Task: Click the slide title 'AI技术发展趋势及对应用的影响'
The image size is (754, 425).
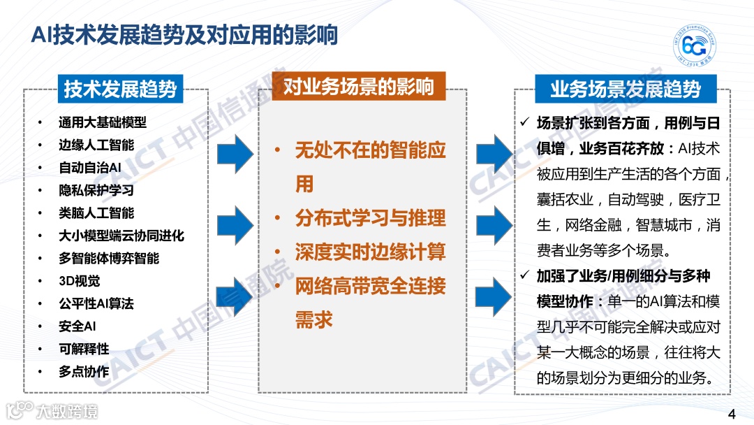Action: pyautogui.click(x=184, y=36)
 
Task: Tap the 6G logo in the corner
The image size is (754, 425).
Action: pyautogui.click(x=694, y=47)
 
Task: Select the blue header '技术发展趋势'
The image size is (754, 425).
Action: pyautogui.click(x=120, y=89)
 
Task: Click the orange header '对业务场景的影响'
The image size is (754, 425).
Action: pyautogui.click(x=358, y=87)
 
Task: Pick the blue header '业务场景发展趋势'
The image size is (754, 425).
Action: pyautogui.click(x=625, y=89)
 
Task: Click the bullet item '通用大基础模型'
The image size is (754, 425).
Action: pyautogui.click(x=103, y=122)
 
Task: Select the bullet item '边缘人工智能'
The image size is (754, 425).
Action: pyautogui.click(x=96, y=145)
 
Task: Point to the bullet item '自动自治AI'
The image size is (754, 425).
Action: pyautogui.click(x=90, y=168)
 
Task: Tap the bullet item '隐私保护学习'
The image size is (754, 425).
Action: pyautogui.click(x=96, y=190)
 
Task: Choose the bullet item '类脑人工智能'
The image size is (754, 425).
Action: pyautogui.click(x=96, y=212)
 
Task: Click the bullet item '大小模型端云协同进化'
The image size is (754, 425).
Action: pyautogui.click(x=121, y=236)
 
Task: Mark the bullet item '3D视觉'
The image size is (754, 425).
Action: pyautogui.click(x=79, y=281)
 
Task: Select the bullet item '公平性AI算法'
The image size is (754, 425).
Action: pyautogui.click(x=96, y=303)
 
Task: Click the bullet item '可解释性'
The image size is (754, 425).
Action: pyautogui.click(x=84, y=349)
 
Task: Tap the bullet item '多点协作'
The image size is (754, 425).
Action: pyautogui.click(x=84, y=371)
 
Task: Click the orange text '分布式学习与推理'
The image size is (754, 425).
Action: pyautogui.click(x=370, y=218)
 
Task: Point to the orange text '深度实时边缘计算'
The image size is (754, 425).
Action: pyautogui.click(x=370, y=252)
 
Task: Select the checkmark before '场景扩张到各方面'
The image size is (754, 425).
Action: pyautogui.click(x=525, y=123)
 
